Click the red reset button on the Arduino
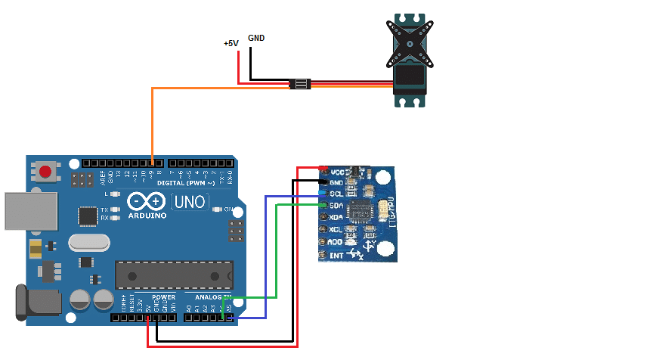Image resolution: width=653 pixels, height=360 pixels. pos(45,172)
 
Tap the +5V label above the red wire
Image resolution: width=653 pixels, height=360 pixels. pos(231,44)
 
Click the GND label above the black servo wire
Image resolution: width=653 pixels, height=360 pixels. pos(256,38)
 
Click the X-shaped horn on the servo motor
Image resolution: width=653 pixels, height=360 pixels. pos(410,39)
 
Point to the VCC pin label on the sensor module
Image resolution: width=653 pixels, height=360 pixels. pos(337,171)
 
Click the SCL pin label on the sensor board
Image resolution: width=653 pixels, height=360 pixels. pos(337,194)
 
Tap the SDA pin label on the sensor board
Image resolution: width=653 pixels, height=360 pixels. pos(337,206)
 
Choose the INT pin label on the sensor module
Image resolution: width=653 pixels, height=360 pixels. pos(336,255)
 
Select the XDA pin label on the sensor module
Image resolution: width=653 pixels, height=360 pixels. pos(337,217)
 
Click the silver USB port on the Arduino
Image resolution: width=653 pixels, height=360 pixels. pos(30,210)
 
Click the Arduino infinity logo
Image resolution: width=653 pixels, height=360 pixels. pos(146,202)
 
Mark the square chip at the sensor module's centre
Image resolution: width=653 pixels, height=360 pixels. pos(362,211)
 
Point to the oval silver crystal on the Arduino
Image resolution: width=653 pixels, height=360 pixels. pos(89,242)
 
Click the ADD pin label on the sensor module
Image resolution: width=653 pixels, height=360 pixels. pos(336,242)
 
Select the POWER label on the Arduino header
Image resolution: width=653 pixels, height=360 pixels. pos(163,297)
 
